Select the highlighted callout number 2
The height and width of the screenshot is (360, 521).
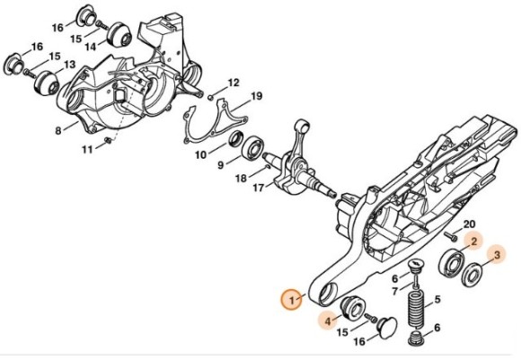pyautogui.click(x=473, y=241)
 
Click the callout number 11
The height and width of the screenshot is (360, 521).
pyautogui.click(x=87, y=150)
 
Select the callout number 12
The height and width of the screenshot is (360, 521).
pyautogui.click(x=233, y=83)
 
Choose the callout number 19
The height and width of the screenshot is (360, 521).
pyautogui.click(x=255, y=96)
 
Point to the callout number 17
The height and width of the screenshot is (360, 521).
pyautogui.click(x=257, y=188)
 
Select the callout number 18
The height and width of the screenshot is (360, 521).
pyautogui.click(x=240, y=178)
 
